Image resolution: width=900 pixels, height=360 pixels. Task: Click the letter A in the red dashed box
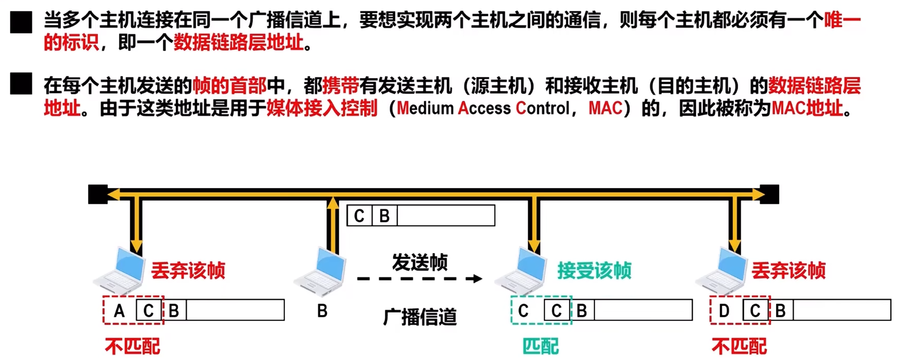click(x=119, y=310)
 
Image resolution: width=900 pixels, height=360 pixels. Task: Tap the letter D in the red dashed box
click(x=724, y=310)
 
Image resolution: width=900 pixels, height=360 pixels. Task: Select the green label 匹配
click(x=540, y=346)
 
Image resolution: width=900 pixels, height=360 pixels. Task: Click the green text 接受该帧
click(x=594, y=270)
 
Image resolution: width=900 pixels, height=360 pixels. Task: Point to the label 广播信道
click(x=420, y=317)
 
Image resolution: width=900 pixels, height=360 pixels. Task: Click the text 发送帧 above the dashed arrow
click(x=420, y=262)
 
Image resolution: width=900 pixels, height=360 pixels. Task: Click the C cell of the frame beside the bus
click(x=359, y=216)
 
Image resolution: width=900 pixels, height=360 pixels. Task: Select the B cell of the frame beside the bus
click(x=384, y=216)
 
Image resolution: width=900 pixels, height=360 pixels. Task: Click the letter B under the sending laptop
click(x=322, y=310)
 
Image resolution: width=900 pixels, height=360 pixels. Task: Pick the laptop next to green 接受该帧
click(x=521, y=271)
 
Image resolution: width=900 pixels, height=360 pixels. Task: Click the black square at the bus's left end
click(x=98, y=194)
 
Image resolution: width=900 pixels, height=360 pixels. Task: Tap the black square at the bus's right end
click(x=770, y=194)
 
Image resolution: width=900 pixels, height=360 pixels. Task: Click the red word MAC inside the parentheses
click(x=605, y=108)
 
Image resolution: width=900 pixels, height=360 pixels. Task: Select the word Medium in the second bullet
click(x=425, y=108)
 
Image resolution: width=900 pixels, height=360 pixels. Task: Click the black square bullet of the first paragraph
click(x=21, y=22)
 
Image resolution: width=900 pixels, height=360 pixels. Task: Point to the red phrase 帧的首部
click(x=229, y=86)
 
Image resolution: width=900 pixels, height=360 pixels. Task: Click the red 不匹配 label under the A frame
click(x=132, y=346)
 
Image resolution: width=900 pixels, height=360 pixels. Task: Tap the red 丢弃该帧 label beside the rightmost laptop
click(x=788, y=270)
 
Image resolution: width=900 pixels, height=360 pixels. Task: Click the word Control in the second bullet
click(x=542, y=108)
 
